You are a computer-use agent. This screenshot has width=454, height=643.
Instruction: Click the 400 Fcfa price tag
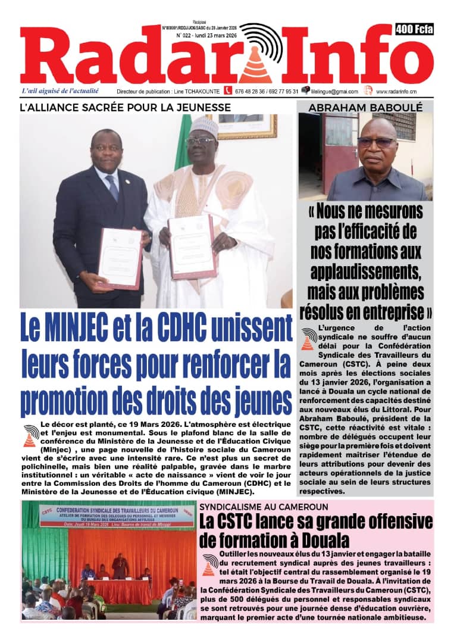click(414, 29)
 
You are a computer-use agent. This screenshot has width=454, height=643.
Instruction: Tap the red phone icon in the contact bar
click(227, 90)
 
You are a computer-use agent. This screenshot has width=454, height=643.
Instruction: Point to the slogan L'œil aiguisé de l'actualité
click(60, 91)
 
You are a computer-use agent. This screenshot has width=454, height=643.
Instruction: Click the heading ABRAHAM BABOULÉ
click(365, 107)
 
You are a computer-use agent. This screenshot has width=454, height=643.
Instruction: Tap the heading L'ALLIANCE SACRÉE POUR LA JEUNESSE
click(126, 107)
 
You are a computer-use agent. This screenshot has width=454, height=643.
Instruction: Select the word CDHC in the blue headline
click(191, 326)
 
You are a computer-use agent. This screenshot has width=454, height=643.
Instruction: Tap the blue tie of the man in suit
click(112, 188)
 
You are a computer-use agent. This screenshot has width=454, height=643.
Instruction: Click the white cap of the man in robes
click(203, 126)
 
